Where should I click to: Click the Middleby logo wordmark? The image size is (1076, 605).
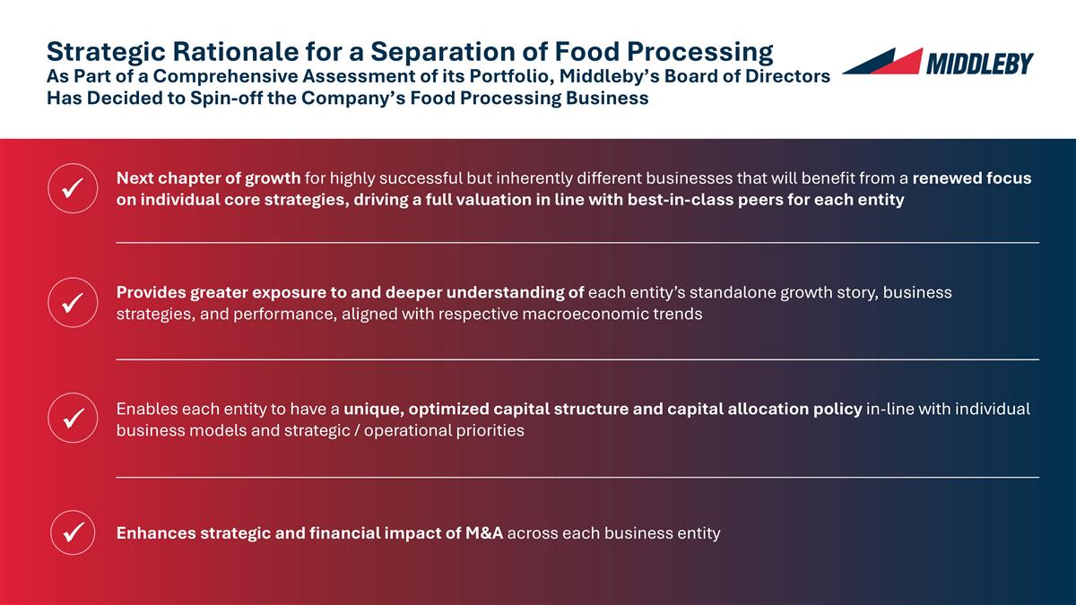click(979, 63)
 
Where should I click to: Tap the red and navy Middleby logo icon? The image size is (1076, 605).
click(884, 62)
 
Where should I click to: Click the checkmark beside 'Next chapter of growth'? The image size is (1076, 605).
click(72, 188)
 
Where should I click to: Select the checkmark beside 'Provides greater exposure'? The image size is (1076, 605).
click(72, 302)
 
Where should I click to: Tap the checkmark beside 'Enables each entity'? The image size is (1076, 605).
click(72, 418)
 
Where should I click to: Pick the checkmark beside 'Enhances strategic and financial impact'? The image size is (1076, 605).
click(72, 533)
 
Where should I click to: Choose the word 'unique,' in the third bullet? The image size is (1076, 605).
click(372, 410)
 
